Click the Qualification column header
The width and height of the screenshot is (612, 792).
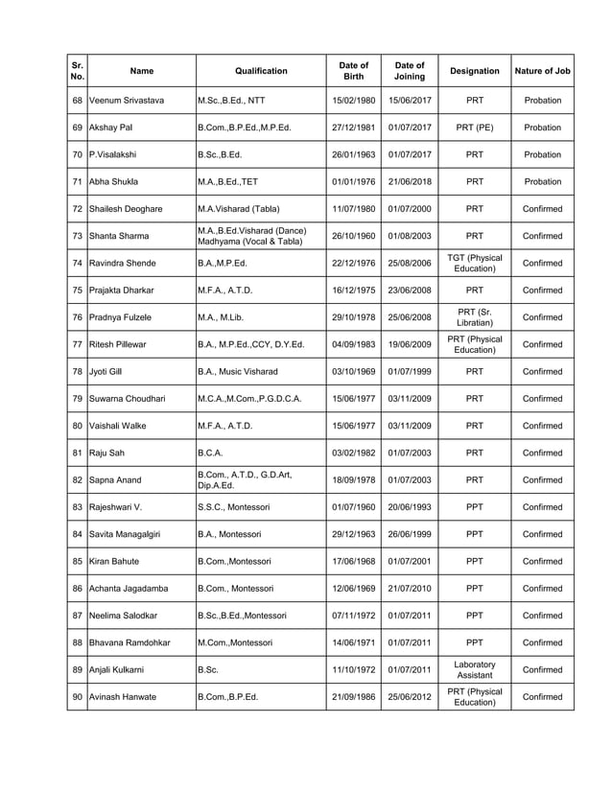click(x=261, y=71)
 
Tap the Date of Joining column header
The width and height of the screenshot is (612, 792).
click(x=410, y=71)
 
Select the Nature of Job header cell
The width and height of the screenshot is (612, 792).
click(x=542, y=71)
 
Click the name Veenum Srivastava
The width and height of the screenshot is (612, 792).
click(x=126, y=100)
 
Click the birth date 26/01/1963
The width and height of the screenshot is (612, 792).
click(x=353, y=154)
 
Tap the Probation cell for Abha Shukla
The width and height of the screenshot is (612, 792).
click(x=542, y=181)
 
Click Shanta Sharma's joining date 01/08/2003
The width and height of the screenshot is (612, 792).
click(x=410, y=236)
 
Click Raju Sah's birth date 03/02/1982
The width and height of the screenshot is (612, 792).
click(x=353, y=453)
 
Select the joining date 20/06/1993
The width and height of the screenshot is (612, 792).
click(x=410, y=507)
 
